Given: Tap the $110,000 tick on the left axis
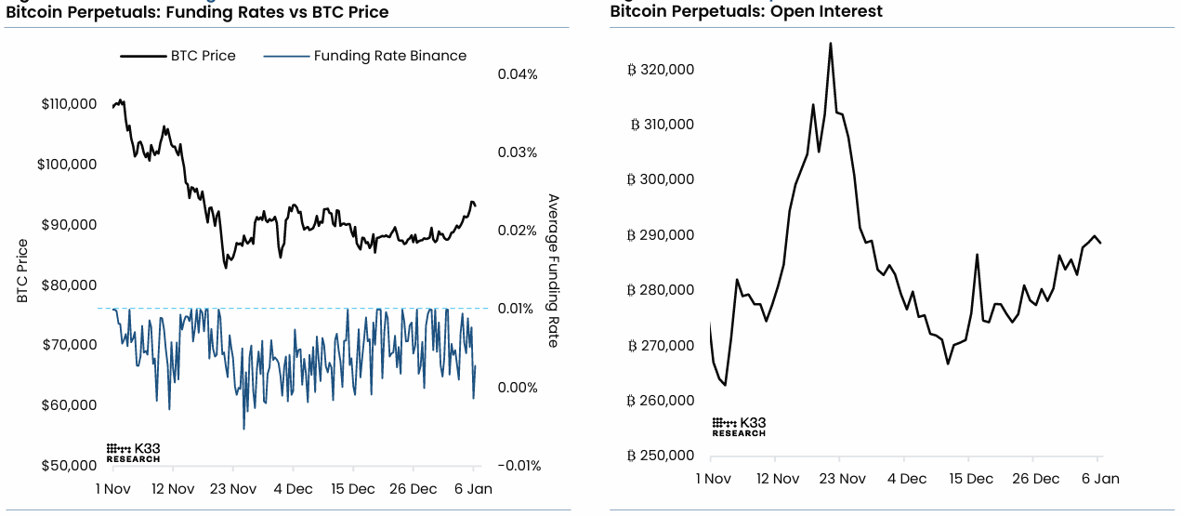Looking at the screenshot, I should [69, 104].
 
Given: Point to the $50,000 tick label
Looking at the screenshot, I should [69, 465].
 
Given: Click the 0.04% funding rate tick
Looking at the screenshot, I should [518, 74].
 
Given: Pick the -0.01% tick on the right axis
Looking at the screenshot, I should [518, 465].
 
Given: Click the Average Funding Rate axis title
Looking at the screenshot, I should [553, 271].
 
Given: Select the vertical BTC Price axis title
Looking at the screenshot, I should [22, 271].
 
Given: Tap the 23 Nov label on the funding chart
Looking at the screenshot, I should [232, 489].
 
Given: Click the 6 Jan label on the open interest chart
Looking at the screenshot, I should [1099, 479].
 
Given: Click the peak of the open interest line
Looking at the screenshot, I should [830, 43].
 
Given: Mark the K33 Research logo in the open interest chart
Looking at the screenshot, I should [739, 427].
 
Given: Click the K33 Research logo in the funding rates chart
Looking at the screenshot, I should [133, 453].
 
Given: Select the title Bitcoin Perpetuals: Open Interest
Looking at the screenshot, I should [746, 12].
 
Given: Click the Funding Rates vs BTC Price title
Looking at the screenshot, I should [197, 12].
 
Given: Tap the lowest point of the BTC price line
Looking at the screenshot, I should [226, 268].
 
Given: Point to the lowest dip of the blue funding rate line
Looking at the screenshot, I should [244, 429].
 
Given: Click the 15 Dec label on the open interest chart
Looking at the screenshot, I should [971, 479].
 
